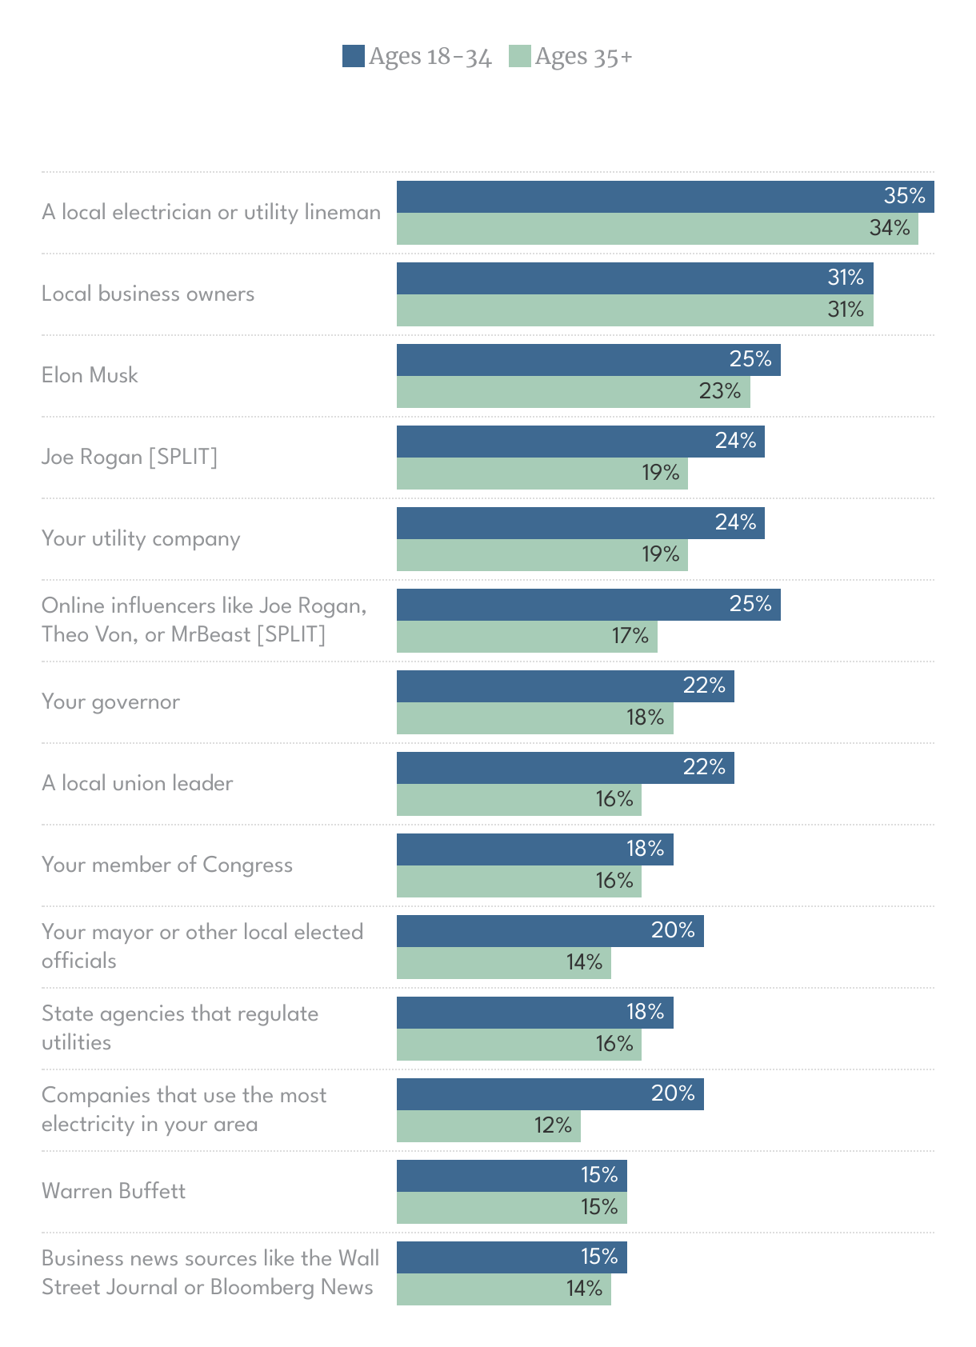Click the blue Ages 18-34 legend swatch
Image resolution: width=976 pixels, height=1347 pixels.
point(354,56)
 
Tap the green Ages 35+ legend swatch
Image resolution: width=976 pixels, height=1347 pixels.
point(520,56)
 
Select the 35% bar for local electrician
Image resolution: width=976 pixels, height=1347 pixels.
point(664,197)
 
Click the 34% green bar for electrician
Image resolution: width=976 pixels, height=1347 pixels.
point(656,229)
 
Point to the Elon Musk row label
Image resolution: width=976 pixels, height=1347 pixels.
point(90,375)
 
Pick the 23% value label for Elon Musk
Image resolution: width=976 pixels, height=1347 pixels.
point(719,391)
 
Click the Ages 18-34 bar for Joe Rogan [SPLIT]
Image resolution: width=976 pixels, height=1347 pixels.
point(580,442)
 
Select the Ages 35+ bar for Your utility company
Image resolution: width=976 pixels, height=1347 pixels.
point(542,555)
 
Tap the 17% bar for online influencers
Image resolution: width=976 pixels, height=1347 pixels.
point(526,637)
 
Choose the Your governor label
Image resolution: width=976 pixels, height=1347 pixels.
point(110,701)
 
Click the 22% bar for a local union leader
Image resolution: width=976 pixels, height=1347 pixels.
point(565,768)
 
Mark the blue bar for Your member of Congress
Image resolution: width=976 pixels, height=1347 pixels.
point(534,849)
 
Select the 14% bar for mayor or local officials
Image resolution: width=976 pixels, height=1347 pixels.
point(503,963)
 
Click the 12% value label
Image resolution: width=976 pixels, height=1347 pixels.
point(553,1125)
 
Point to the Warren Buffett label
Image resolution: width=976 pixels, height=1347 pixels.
point(114,1191)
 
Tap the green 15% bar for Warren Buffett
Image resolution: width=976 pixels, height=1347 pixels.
point(511,1208)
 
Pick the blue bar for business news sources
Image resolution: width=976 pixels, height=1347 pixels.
point(511,1257)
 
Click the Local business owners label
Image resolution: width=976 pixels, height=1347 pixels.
point(148,294)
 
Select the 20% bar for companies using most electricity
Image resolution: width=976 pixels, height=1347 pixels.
point(550,1094)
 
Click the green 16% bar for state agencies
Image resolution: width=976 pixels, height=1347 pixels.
point(518,1045)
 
